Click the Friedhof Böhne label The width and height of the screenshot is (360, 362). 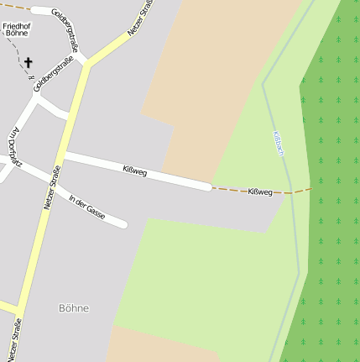16,29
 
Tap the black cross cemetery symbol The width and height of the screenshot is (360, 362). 28,62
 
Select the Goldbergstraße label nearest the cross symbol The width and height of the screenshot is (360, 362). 50,72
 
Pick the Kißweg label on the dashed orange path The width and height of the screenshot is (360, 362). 260,192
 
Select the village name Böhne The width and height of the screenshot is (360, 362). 74,308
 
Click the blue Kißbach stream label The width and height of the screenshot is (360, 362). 279,144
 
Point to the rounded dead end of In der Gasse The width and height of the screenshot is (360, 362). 123,224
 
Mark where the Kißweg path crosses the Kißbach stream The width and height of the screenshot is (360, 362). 293,193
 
